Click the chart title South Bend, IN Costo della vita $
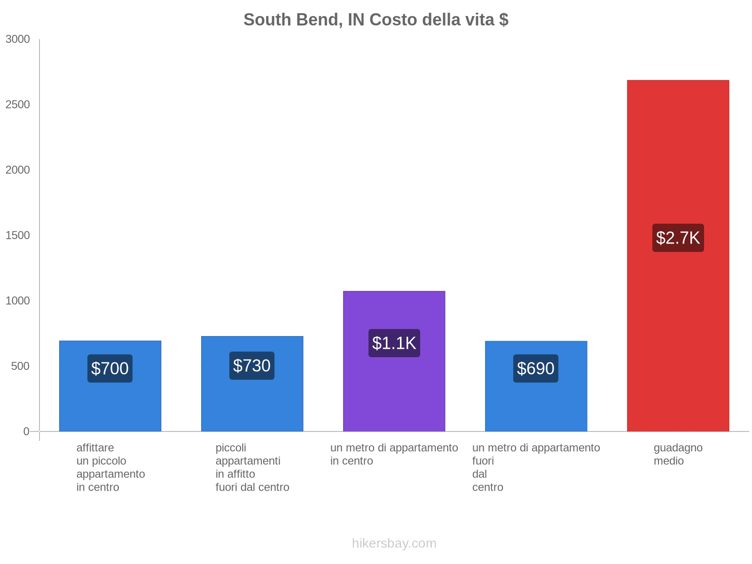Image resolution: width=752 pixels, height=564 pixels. (x=376, y=20)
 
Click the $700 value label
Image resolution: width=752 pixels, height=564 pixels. (x=110, y=368)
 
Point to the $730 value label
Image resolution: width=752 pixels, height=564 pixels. (x=252, y=366)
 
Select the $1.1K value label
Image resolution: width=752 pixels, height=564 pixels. (x=394, y=343)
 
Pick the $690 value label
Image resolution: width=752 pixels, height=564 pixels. (x=536, y=368)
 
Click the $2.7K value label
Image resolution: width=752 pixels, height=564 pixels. (x=678, y=238)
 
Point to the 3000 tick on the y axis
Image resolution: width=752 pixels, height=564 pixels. (x=18, y=39)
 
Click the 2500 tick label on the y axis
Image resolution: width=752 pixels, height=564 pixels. (x=18, y=105)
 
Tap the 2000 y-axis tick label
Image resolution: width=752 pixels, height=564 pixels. (x=18, y=170)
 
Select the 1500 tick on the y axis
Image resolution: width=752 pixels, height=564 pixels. (x=18, y=235)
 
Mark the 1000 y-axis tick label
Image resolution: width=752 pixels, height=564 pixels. (x=18, y=301)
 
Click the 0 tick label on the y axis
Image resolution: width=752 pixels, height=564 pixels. (x=26, y=431)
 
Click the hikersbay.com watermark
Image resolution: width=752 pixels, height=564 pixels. (x=394, y=543)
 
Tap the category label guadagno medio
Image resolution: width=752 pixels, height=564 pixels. (x=678, y=454)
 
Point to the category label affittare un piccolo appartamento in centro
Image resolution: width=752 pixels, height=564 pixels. (x=110, y=467)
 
